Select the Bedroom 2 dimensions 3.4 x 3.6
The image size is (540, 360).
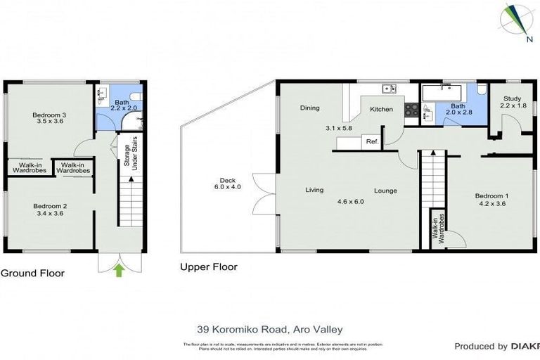(50, 214)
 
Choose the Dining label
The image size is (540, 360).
(309, 108)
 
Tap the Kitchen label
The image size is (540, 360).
(381, 110)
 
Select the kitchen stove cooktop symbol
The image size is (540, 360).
(411, 110)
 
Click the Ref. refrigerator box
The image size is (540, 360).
(372, 142)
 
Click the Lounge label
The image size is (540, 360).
(385, 191)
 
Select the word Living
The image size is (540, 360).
(314, 191)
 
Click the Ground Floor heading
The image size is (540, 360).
(32, 273)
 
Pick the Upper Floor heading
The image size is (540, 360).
(209, 267)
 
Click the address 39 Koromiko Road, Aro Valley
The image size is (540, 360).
(269, 328)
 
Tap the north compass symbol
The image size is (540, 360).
(517, 21)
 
